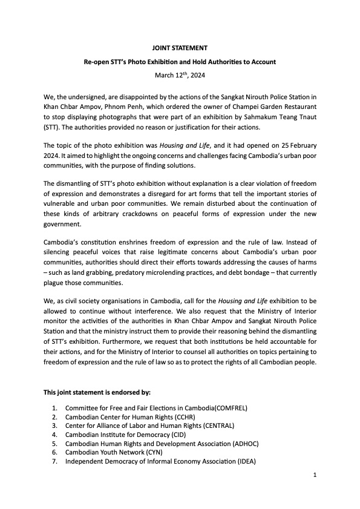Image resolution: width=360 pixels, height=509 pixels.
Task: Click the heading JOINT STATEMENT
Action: coord(180,47)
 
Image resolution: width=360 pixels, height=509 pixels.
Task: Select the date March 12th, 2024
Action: coord(180,74)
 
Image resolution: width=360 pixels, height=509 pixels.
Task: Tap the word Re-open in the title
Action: coord(97,61)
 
